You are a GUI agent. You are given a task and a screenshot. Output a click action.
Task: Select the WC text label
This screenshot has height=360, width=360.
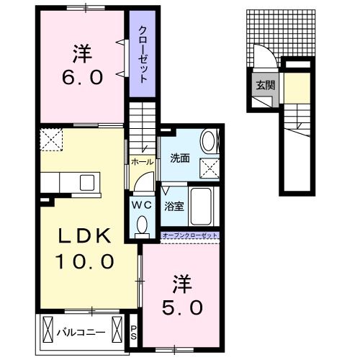141,204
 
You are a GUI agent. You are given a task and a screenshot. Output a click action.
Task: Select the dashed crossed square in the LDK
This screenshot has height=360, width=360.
52,138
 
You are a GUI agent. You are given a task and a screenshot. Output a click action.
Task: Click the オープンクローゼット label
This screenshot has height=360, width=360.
189,236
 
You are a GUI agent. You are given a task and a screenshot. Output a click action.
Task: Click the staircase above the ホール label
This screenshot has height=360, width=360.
143,122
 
